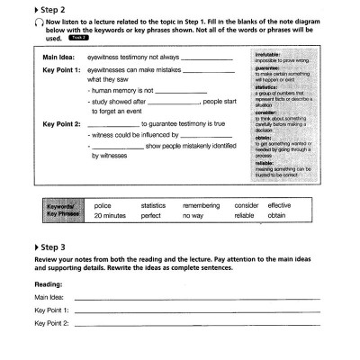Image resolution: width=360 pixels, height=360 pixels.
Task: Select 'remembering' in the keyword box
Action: (199, 206)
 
